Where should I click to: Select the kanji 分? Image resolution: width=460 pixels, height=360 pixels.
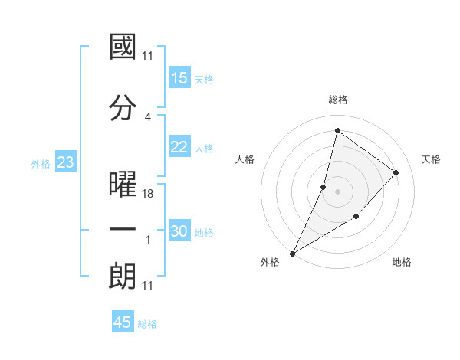(123, 107)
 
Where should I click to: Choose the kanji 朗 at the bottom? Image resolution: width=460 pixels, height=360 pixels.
(123, 275)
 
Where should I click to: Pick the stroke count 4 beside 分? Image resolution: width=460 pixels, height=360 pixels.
(148, 116)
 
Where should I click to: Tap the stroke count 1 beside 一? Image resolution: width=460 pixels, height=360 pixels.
(148, 240)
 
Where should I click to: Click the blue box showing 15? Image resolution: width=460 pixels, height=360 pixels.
(179, 78)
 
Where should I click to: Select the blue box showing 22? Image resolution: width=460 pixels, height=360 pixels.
(179, 148)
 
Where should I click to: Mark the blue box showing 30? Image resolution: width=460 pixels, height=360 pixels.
(179, 232)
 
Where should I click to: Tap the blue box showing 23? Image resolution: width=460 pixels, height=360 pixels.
(65, 162)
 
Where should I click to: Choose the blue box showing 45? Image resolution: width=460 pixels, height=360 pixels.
(123, 322)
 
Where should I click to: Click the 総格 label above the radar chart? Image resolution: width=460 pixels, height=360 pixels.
(337, 100)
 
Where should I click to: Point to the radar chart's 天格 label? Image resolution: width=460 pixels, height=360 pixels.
(431, 159)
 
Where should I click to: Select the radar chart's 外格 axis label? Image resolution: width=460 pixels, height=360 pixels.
(270, 262)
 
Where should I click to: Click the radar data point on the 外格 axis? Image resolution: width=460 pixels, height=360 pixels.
(292, 253)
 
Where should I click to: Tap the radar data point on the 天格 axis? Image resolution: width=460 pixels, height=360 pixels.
(396, 172)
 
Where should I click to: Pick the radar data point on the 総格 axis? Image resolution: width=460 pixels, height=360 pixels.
(337, 131)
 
